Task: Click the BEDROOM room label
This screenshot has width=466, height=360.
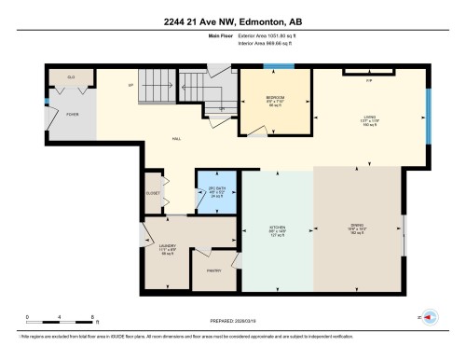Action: coord(274,98)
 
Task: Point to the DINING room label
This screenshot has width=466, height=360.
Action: coord(355,228)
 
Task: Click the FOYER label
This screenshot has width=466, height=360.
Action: coord(72,115)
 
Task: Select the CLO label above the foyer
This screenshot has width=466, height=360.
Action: coord(70,76)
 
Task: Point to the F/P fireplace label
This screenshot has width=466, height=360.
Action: coord(355,80)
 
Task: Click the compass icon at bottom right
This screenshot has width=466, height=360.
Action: coord(431,317)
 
